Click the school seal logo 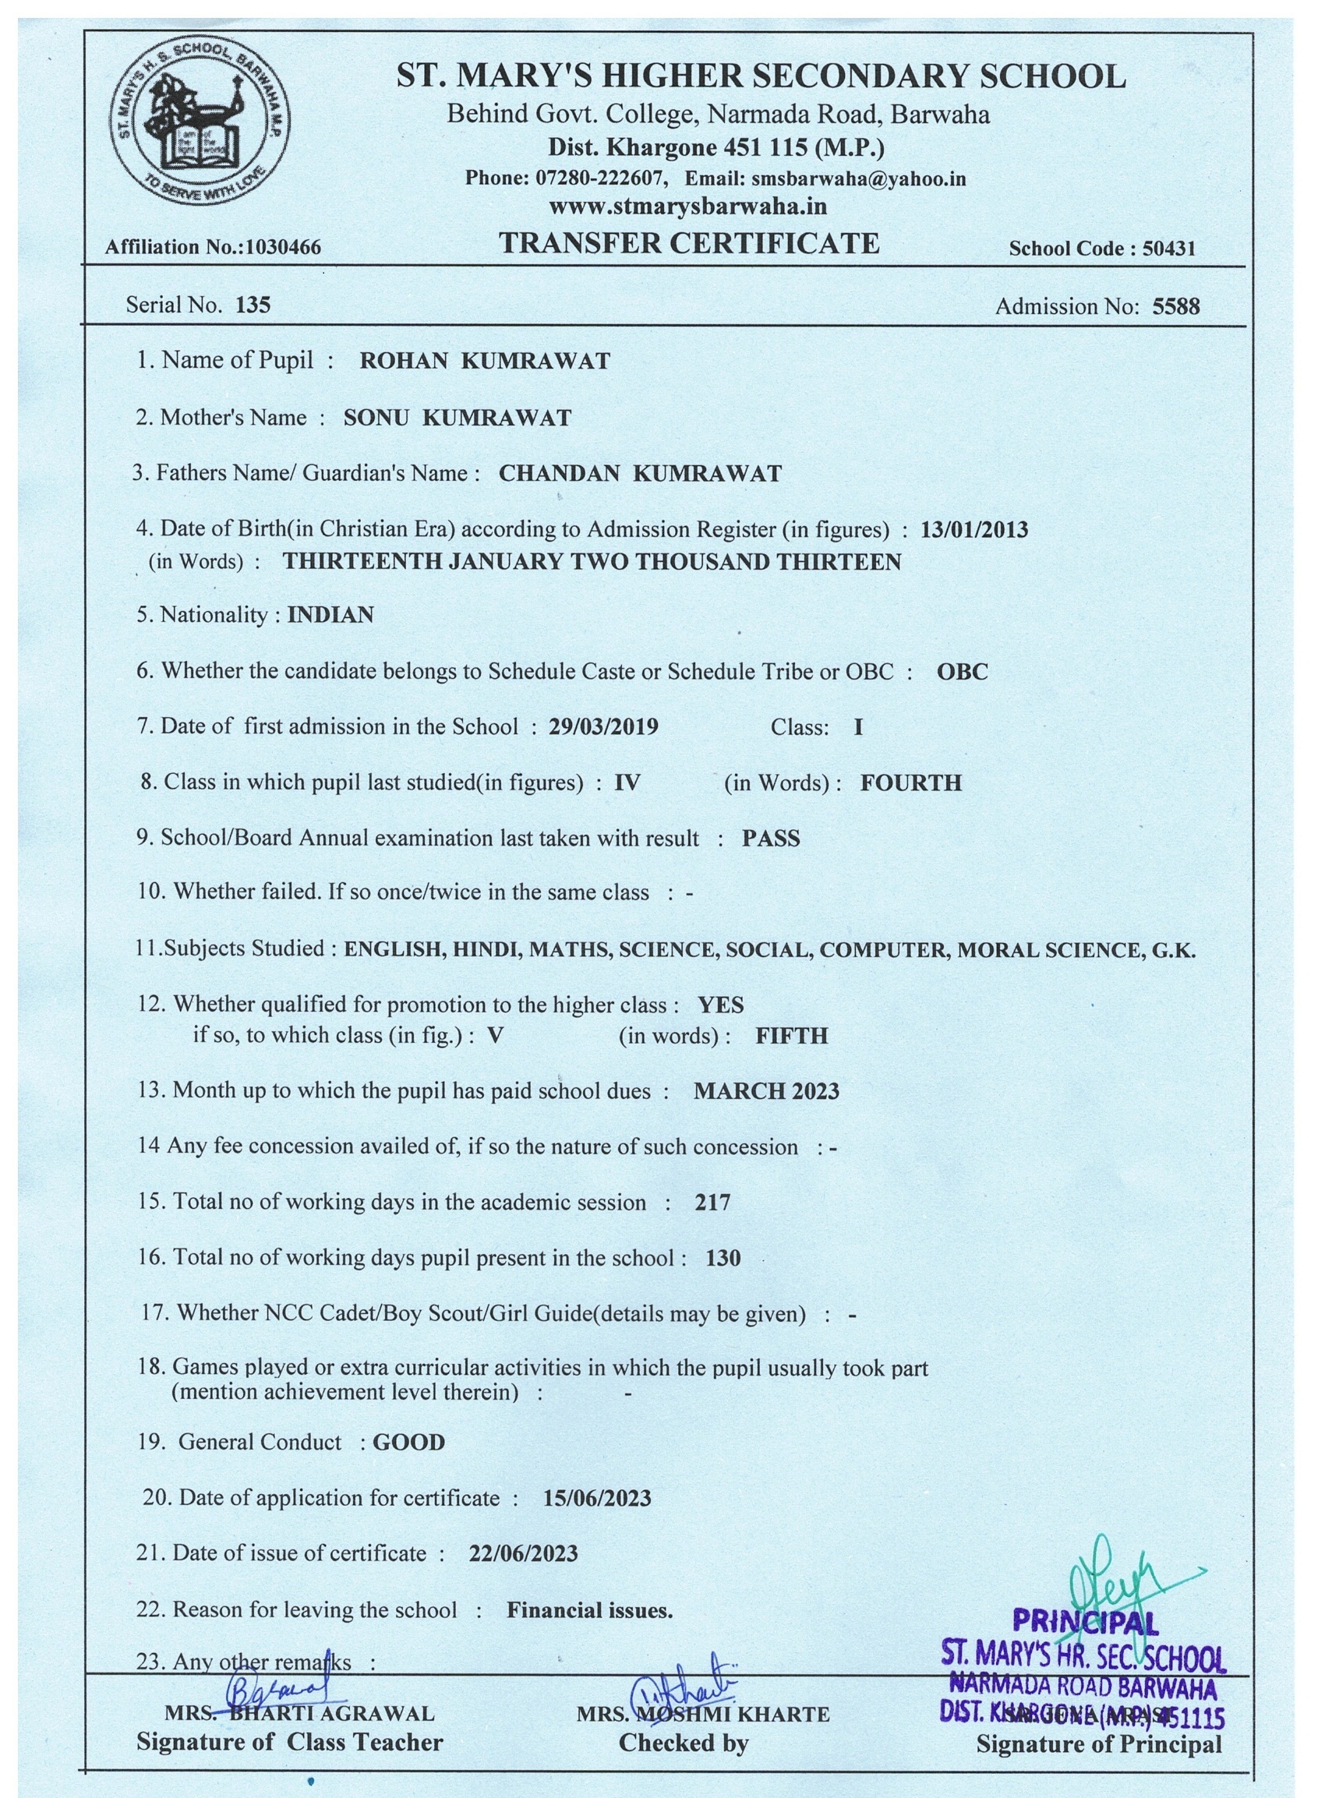coord(200,124)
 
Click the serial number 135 coord(253,306)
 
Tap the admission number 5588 coord(1176,306)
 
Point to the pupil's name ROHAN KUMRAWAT coord(485,362)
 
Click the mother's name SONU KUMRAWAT coord(458,418)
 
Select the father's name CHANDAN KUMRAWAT coord(640,474)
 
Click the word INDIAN coord(330,615)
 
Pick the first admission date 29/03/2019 coord(603,727)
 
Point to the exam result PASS coord(771,839)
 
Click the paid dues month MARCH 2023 coord(766,1091)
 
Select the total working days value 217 coord(712,1202)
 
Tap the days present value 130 coord(723,1258)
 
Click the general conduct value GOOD coord(409,1443)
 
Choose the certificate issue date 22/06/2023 coord(523,1554)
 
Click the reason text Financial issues coord(589,1610)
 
